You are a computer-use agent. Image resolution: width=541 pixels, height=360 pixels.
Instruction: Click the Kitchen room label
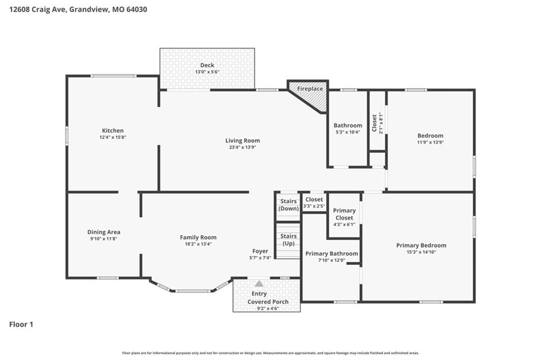coord(113,130)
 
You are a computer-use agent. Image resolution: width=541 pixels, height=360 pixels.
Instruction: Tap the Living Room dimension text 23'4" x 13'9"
coord(242,147)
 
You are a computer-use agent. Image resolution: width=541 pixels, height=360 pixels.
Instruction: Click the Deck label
coord(207,65)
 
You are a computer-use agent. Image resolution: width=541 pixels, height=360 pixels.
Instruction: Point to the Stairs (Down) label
coord(288,205)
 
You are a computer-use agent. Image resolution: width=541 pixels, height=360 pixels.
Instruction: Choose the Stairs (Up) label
coord(288,240)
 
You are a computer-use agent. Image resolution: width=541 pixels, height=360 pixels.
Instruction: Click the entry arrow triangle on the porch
coord(259,284)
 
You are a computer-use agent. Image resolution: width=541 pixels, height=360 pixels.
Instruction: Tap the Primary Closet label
coord(344,214)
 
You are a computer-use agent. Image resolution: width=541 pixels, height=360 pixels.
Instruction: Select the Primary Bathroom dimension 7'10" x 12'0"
coord(332,260)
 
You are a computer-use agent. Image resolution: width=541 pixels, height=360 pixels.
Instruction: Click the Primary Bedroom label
coord(421,245)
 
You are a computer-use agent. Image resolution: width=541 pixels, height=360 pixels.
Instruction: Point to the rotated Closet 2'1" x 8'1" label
coord(377,123)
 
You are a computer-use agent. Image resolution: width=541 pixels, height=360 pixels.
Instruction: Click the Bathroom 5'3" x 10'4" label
coord(348,128)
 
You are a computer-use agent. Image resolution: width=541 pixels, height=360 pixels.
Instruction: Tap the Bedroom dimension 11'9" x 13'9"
coord(430,142)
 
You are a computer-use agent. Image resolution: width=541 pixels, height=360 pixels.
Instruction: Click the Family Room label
coord(198,237)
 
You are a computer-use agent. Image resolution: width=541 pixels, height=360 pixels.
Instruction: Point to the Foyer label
coord(260,251)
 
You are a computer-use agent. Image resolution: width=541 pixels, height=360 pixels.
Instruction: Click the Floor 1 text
coord(21,324)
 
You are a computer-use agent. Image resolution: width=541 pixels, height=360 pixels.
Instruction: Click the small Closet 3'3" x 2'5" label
coord(314,203)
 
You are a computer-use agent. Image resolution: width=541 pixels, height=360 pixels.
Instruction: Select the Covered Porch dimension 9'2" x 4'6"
coord(268,309)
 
